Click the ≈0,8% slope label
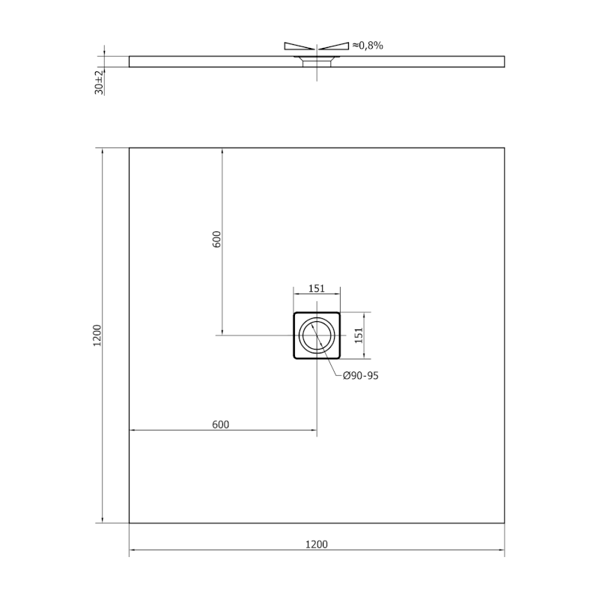point(367,46)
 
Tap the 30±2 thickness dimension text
point(99,81)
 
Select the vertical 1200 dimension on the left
point(97,335)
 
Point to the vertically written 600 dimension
point(216,240)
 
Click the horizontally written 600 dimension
point(220,425)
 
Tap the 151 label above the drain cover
point(316,288)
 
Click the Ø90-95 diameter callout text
point(361,376)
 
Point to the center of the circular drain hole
point(317,335)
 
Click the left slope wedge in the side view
point(299,46)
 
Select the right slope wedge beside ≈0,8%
point(334,46)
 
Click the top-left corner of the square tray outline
point(130,148)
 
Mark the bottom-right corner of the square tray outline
point(504,523)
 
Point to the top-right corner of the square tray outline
point(504,148)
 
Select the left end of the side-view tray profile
point(130,61)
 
